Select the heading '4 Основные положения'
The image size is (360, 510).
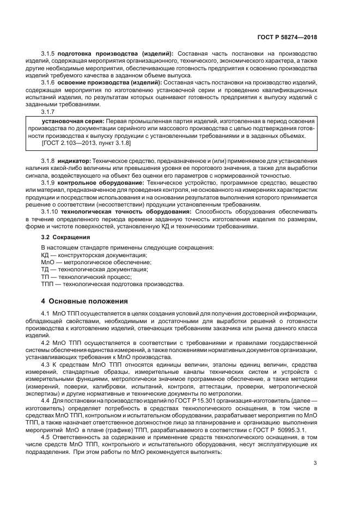(84, 301)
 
